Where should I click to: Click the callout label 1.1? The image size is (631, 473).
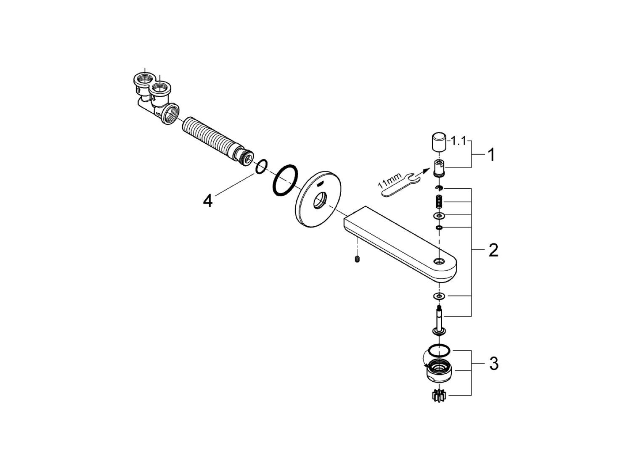[x=458, y=141]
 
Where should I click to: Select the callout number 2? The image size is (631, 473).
[x=493, y=251]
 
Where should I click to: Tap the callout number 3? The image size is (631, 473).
[x=493, y=363]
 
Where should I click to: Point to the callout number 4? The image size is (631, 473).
[x=208, y=201]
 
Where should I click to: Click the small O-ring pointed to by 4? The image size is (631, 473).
[x=261, y=166]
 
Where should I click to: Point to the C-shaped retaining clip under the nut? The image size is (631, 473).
[x=439, y=188]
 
